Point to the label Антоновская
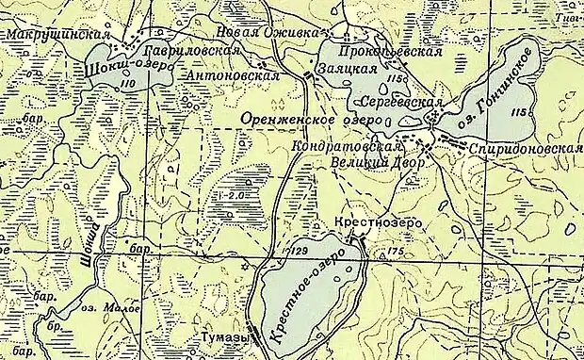pos(235,74)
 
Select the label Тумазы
pos(225,336)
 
